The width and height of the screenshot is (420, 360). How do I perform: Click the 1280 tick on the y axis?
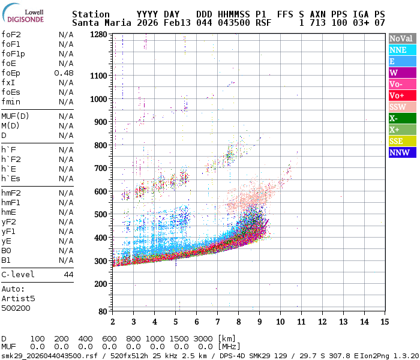point(98,35)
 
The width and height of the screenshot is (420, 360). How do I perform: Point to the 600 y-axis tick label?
point(101,191)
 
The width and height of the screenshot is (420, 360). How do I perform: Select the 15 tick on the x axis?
point(383,322)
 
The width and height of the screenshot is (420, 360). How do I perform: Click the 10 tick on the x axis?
point(280,322)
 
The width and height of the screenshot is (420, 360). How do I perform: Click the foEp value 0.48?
point(64,73)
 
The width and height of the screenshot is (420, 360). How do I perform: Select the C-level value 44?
point(68,274)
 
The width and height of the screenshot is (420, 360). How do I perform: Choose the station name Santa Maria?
point(99,23)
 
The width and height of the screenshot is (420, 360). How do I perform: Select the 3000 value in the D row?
point(204,338)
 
